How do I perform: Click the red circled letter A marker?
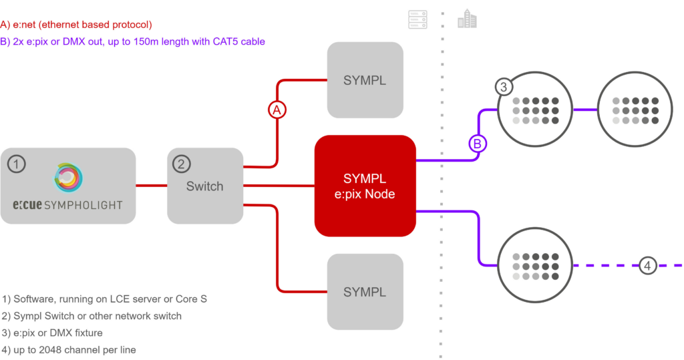point(277,110)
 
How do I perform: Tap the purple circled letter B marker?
point(478,144)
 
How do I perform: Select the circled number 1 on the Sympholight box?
point(17,164)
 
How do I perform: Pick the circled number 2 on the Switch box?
point(182,164)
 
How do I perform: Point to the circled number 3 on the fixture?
point(504,87)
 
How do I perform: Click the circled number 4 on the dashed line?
point(648,265)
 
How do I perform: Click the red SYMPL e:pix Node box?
point(365,186)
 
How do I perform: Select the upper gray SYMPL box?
point(365,80)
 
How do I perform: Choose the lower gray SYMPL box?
point(365,291)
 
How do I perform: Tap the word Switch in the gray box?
point(204,186)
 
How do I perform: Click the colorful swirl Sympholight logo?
point(68,178)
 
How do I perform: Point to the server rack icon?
point(417,19)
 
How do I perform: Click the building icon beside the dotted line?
point(467,19)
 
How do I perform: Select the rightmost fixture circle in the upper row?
point(635,109)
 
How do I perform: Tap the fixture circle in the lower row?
point(535,265)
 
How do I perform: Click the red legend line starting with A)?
point(76,25)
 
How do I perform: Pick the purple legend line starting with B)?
point(133,41)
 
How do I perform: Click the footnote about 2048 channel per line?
point(69,349)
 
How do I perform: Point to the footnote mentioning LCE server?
point(104,299)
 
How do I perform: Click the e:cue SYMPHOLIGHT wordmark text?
point(67,204)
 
